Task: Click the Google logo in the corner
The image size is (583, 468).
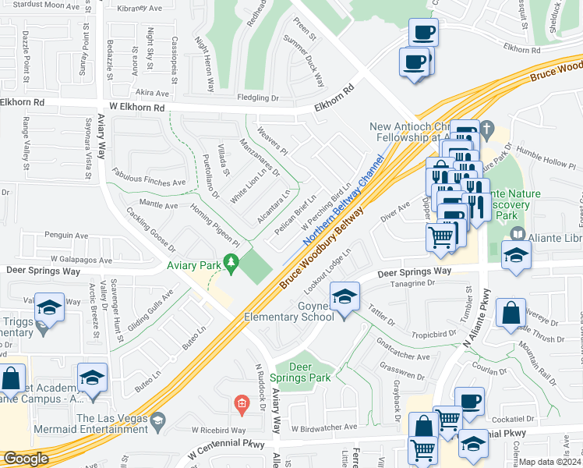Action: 25,459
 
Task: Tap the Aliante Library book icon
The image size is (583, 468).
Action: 518,234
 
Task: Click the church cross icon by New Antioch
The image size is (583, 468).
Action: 487,127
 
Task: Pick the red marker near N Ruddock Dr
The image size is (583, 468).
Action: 242,402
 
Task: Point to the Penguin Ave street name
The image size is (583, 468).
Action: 66,235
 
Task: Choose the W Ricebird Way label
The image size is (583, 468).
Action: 218,430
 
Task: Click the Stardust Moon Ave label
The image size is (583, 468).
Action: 52,5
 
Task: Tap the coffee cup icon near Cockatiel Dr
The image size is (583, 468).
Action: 470,402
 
